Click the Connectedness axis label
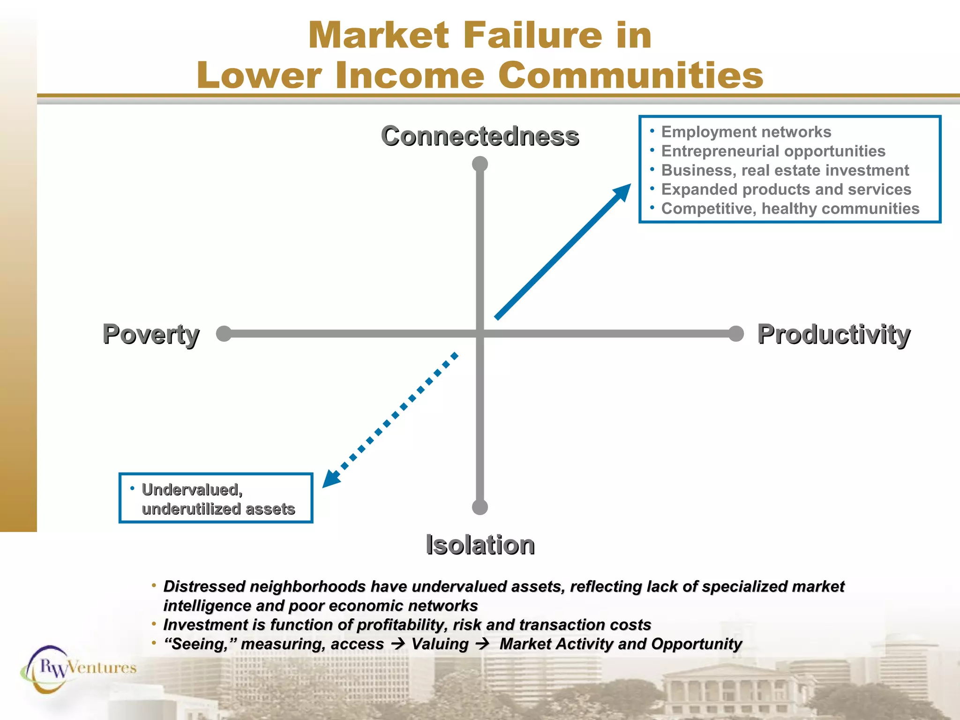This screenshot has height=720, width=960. coord(480,136)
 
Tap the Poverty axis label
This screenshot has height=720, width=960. coord(151,334)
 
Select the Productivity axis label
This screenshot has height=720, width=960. coord(834,334)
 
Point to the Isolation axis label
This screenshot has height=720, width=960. coord(480,545)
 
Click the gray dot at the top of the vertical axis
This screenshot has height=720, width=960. coord(480,164)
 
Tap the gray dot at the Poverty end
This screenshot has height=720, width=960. coord(224,334)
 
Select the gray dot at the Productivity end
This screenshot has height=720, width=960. coord(736,334)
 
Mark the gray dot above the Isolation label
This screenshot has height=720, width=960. coord(480,507)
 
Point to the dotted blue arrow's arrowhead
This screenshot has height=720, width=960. coord(331,480)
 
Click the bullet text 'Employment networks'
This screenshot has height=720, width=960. coord(746,132)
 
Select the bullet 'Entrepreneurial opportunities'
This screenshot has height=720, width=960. coord(773,151)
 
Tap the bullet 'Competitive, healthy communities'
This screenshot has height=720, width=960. coord(790,209)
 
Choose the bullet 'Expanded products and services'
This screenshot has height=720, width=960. coord(786,189)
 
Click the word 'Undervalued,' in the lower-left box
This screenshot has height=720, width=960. coord(192,490)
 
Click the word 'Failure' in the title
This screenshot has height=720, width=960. coord(532,35)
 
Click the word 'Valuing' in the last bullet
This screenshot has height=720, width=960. coord(440,644)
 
